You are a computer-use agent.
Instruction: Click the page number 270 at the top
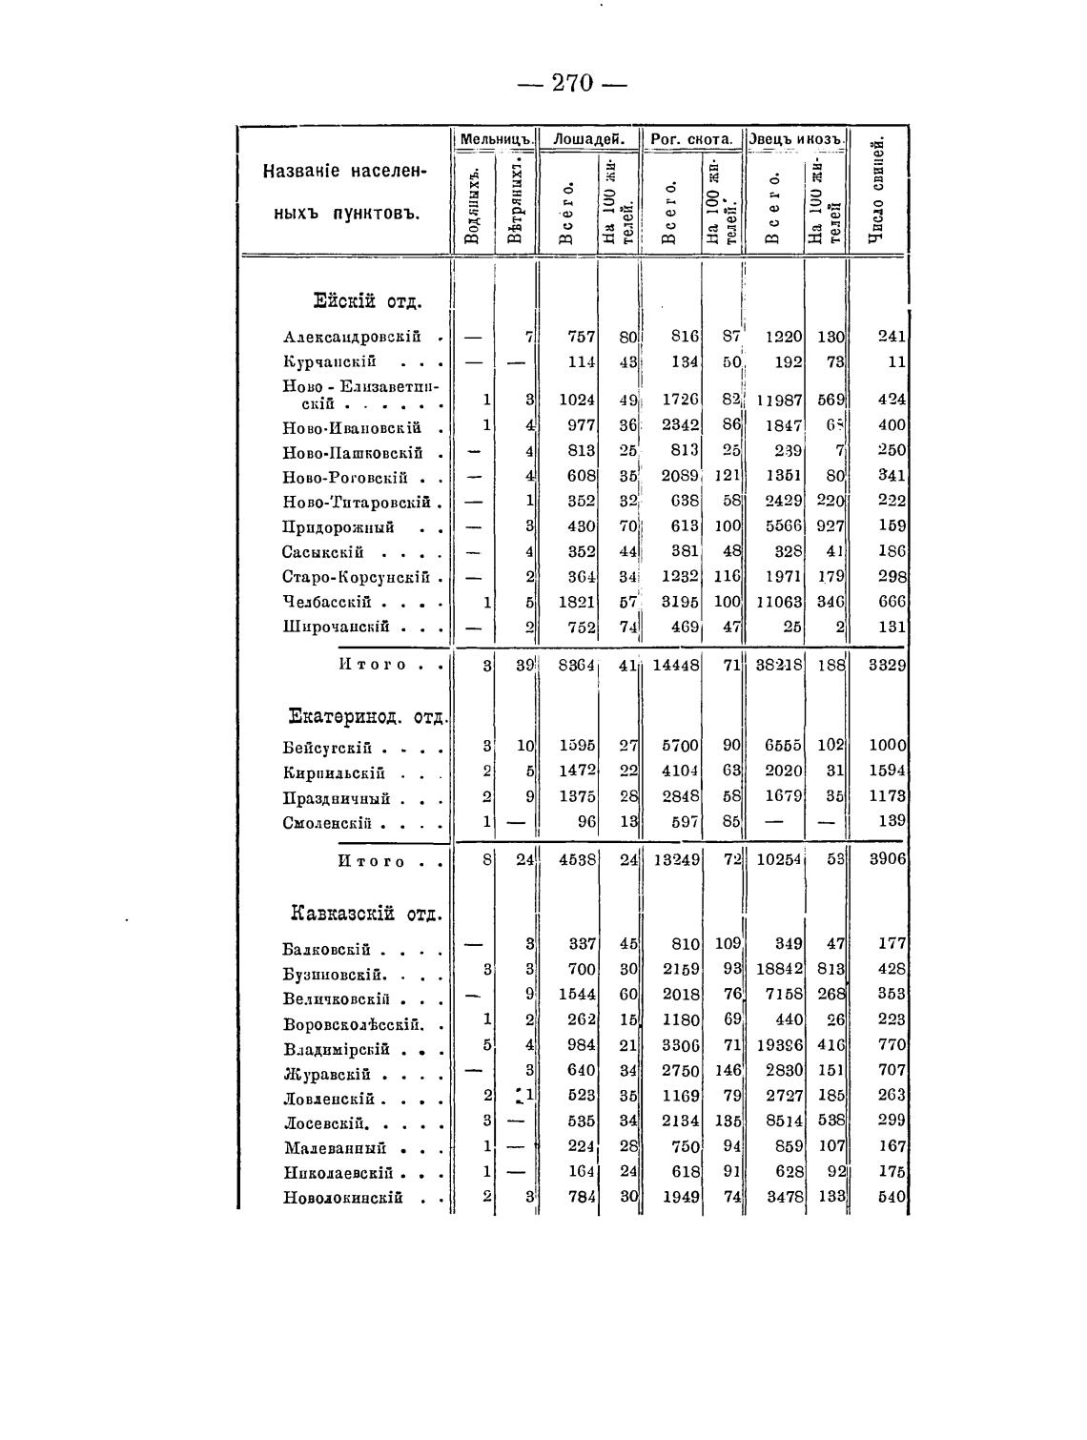[x=572, y=83]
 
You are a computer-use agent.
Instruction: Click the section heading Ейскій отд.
[x=367, y=302]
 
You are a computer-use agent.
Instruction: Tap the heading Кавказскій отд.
[x=366, y=914]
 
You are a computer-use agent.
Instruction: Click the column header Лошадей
[x=589, y=139]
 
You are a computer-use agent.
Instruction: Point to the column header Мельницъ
[x=494, y=139]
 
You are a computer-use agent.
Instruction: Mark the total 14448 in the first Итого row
[x=676, y=666]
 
